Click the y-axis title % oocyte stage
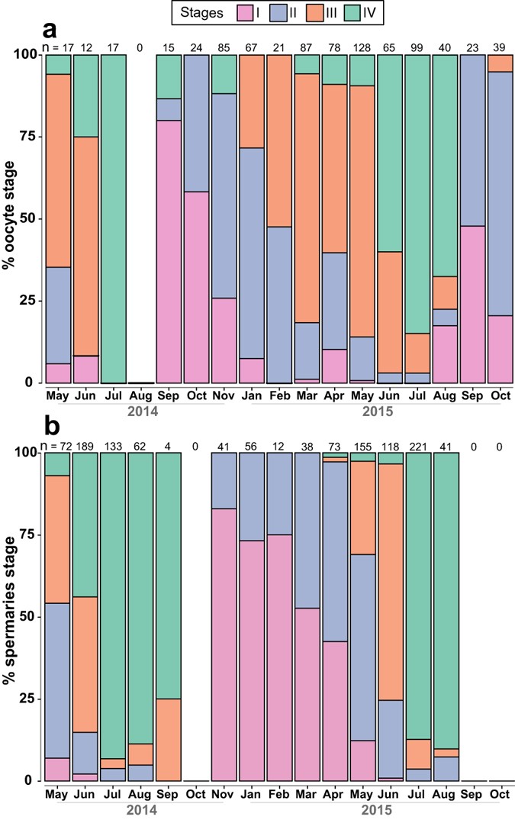13,218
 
